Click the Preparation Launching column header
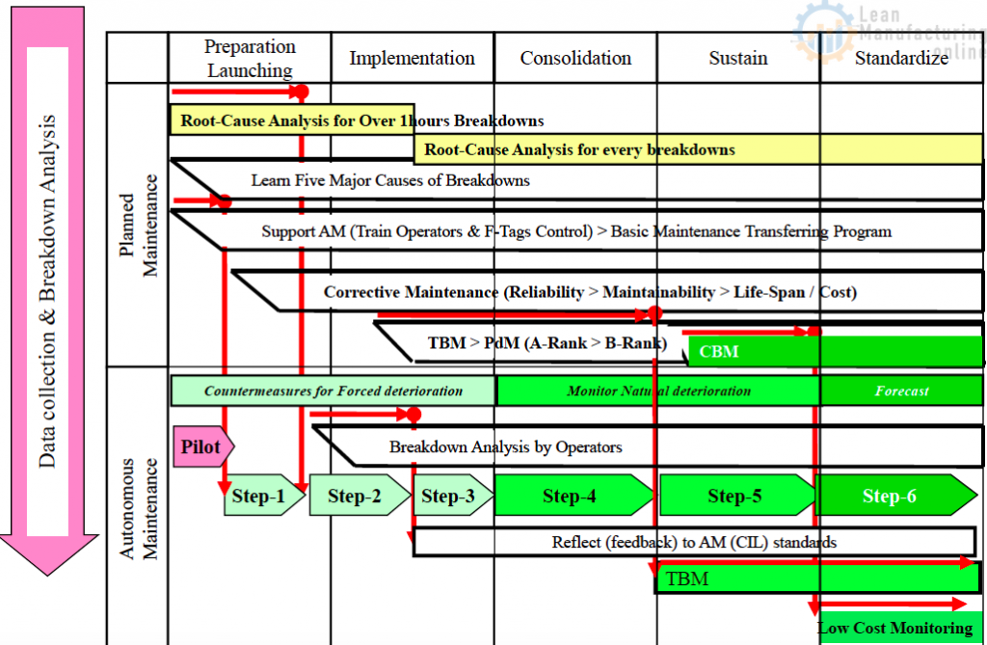250,58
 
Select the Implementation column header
412,58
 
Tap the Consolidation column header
575,58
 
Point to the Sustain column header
738,58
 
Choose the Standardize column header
901,58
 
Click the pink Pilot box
201,446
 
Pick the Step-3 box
448,496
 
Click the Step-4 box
570,496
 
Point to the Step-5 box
734,496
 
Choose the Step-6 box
890,496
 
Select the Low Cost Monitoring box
894,628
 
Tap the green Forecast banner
901,390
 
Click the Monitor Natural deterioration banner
658,390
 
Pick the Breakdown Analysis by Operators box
505,446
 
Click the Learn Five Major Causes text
390,180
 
